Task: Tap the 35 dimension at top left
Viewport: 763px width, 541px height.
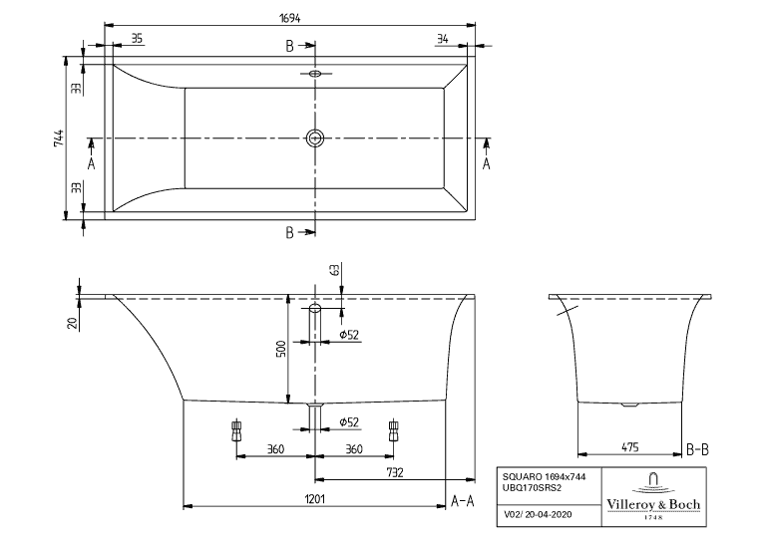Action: pos(137,39)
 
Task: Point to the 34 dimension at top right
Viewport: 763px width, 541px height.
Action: pos(442,39)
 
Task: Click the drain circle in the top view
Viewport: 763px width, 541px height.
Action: pos(316,137)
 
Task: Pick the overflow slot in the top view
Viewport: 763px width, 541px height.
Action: pos(315,73)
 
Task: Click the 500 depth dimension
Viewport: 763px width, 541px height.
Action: pos(281,349)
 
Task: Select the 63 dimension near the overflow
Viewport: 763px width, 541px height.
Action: pos(334,269)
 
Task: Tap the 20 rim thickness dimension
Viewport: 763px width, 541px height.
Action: pos(72,322)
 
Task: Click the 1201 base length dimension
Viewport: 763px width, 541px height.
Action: pos(315,499)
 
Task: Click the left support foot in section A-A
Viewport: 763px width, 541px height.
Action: pos(236,431)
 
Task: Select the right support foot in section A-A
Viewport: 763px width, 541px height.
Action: pos(395,431)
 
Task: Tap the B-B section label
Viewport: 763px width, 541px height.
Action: pos(698,450)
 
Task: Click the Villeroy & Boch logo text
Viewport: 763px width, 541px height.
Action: pos(654,505)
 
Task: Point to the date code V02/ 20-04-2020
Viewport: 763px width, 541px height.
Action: pos(538,516)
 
